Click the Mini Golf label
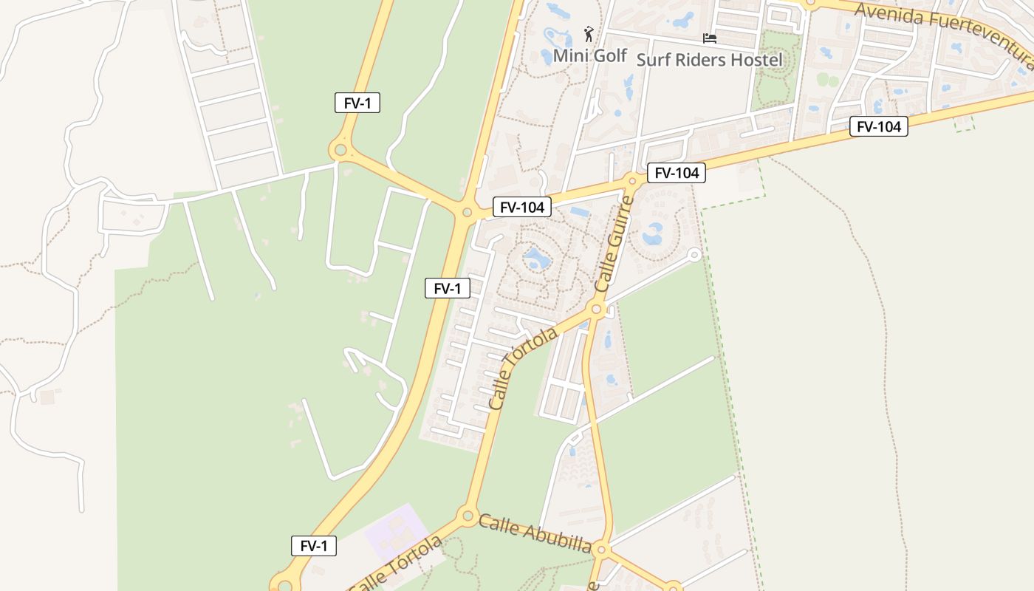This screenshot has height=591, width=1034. tap(589, 55)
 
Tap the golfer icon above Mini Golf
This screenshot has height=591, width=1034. tap(589, 34)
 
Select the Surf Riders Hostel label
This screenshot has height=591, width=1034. tap(709, 60)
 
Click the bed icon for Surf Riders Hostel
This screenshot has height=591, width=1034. tap(710, 38)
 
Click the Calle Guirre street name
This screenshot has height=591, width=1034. tap(615, 244)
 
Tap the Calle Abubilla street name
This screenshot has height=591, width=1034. tap(535, 534)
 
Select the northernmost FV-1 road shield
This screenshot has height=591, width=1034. tap(357, 103)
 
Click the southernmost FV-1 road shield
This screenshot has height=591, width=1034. tap(314, 546)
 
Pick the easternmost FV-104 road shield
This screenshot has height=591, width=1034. tap(878, 127)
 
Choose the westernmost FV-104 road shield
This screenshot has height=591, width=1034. tap(522, 208)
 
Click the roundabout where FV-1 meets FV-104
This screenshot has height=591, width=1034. tap(467, 213)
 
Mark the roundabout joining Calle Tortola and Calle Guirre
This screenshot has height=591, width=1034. tap(598, 308)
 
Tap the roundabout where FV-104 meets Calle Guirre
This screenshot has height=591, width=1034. tap(632, 180)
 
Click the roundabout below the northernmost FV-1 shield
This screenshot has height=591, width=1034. tap(340, 151)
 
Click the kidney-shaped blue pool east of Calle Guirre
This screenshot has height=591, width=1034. tap(653, 235)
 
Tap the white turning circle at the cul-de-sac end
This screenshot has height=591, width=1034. tap(694, 255)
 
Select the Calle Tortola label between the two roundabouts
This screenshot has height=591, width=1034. tap(523, 369)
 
